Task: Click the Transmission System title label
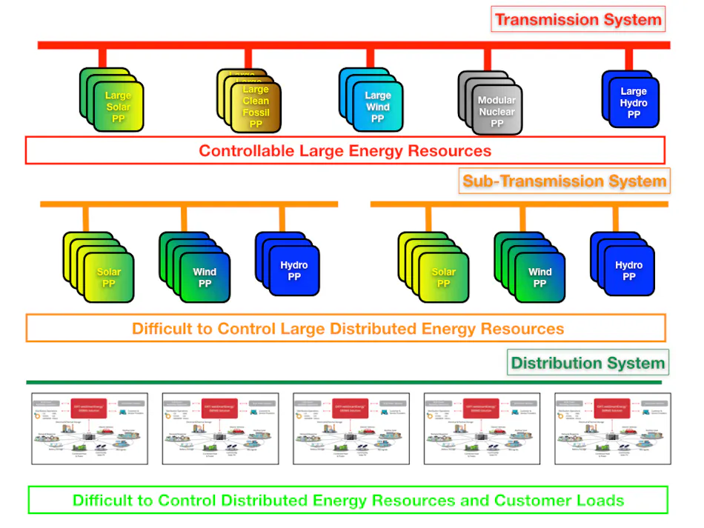(x=578, y=19)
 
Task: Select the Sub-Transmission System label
(x=565, y=181)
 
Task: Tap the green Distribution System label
(x=588, y=363)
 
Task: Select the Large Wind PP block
(x=377, y=107)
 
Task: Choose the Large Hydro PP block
(x=633, y=102)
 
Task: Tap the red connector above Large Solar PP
(x=103, y=58)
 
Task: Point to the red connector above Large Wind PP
(x=369, y=58)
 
